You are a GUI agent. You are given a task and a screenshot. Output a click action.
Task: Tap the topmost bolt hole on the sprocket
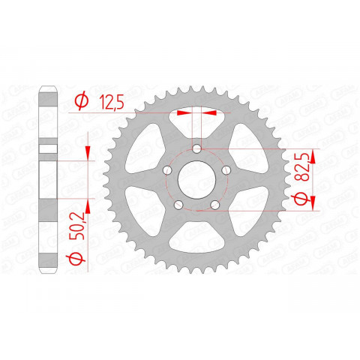(198, 148)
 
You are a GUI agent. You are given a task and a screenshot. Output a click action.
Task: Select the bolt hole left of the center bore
(166, 172)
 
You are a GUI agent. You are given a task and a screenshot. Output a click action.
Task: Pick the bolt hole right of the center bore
(229, 172)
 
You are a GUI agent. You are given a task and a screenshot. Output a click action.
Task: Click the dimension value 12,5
(110, 101)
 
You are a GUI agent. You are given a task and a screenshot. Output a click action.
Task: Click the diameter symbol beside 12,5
(82, 101)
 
